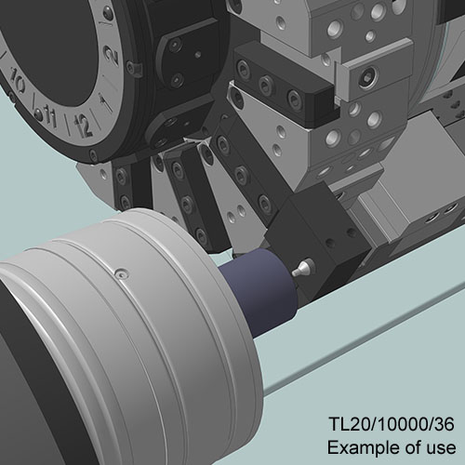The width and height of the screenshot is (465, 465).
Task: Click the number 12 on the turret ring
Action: (82, 126)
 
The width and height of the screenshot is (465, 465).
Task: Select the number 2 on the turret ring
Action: (112, 55)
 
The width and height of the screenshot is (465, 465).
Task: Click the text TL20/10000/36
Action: (392, 424)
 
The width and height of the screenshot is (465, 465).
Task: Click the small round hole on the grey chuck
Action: (121, 273)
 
